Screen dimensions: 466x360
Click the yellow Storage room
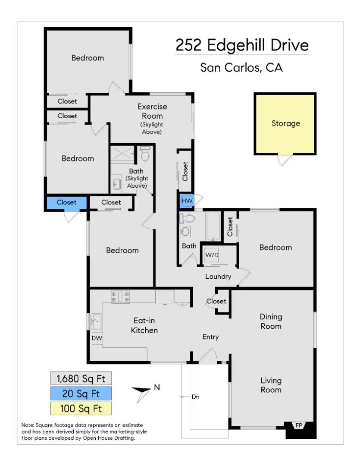tap(285, 124)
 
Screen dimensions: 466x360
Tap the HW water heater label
tap(187, 201)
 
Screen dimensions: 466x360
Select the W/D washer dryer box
tap(212, 255)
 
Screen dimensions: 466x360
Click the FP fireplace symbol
tap(298, 425)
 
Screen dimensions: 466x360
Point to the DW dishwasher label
tap(97, 338)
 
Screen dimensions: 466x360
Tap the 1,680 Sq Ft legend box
tap(81, 378)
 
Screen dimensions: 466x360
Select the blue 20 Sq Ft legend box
tap(81, 393)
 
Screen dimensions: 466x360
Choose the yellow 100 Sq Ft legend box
tap(81, 408)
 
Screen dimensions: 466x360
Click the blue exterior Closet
tap(66, 202)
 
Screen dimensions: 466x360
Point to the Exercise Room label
tap(152, 111)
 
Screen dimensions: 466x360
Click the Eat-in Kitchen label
tap(144, 326)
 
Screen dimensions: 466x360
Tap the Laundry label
tap(218, 277)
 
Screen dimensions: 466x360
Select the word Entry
tap(211, 337)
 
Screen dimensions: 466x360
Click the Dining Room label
tap(270, 321)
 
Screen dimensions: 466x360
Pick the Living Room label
tap(271, 385)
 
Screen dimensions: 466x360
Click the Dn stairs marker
tap(195, 397)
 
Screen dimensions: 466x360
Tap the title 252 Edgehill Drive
tap(242, 45)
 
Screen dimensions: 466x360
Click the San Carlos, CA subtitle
tap(242, 68)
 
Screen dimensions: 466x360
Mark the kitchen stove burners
tap(120, 296)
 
